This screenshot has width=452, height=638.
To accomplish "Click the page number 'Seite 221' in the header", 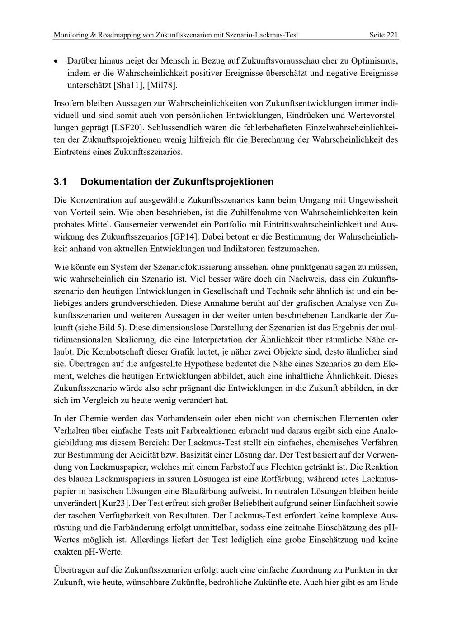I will [x=383, y=35].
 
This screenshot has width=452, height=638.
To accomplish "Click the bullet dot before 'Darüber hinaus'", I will [x=56, y=61].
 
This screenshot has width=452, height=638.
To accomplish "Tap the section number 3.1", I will [x=60, y=182].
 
